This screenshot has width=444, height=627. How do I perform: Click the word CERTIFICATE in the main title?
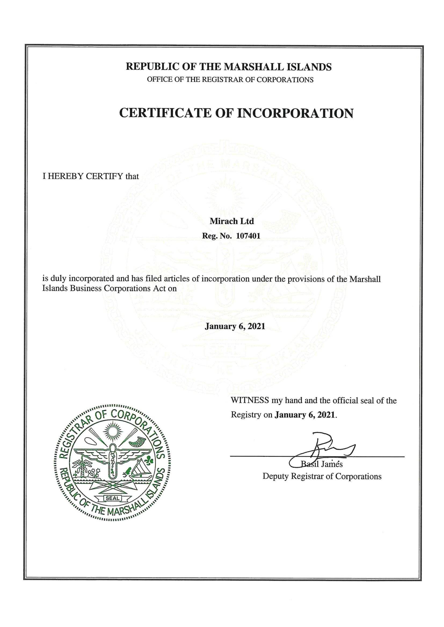pos(165,113)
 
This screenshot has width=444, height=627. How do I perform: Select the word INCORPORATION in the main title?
pos(295,113)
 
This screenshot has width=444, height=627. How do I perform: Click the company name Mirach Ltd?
pos(232,221)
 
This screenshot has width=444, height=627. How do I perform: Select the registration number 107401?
pos(248,236)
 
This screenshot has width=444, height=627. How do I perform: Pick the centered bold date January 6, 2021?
pos(235,326)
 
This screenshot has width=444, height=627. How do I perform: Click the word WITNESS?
pos(250,400)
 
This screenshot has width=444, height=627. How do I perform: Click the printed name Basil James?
pos(322,464)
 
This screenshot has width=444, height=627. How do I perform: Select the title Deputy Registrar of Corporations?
pos(322,476)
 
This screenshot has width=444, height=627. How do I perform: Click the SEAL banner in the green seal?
pos(112,498)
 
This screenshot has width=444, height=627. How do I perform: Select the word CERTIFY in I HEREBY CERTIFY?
pos(104,176)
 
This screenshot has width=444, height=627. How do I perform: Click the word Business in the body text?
pos(86,288)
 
